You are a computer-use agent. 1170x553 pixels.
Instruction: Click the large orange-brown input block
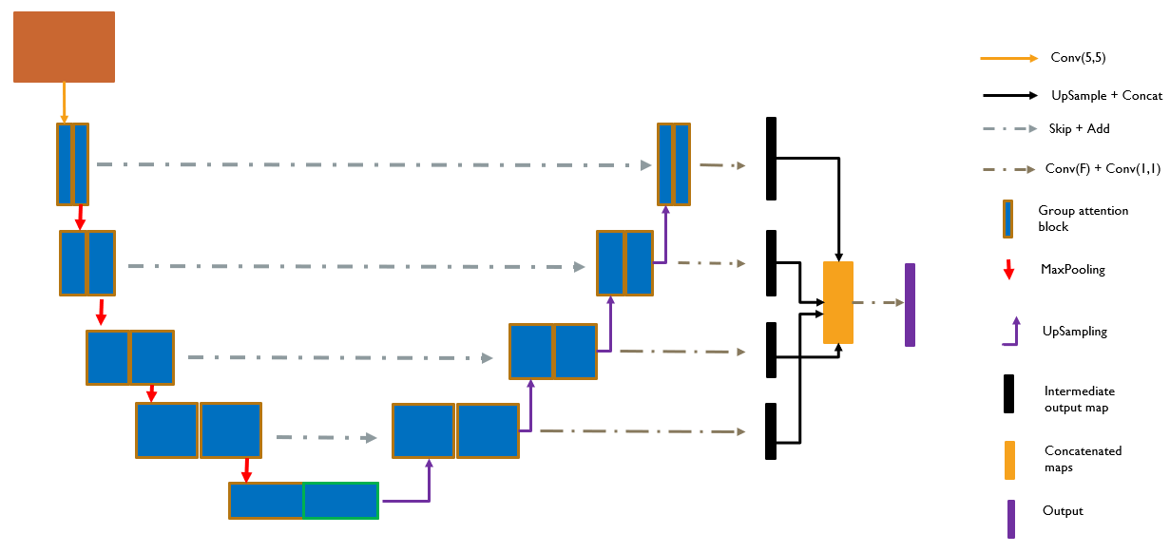pos(64,47)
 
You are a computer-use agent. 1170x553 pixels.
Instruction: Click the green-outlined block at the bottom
pos(341,501)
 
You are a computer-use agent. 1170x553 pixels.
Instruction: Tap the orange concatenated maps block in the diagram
pos(838,302)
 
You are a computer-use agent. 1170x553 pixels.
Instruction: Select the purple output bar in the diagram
pos(910,305)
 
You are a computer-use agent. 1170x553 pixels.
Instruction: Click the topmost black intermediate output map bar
pos(771,159)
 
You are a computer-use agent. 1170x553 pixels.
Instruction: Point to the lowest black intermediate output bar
pos(771,431)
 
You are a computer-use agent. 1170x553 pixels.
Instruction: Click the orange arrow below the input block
pos(65,103)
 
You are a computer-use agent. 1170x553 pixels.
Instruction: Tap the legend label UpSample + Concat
pos(1107,96)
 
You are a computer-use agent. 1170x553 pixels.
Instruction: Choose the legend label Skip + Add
pos(1079,128)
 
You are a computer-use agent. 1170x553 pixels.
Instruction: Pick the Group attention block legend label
pos(1083,219)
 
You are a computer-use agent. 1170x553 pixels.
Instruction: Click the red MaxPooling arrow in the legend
pos(1009,270)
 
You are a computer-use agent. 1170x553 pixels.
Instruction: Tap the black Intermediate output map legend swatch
pos(1008,393)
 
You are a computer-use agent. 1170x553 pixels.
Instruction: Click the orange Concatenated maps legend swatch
pos(1009,460)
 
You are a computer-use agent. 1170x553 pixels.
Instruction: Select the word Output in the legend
pos(1063,510)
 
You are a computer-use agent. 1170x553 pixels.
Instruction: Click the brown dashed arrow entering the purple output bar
pos(878,302)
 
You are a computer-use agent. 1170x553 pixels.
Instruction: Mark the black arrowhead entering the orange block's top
pos(838,257)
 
